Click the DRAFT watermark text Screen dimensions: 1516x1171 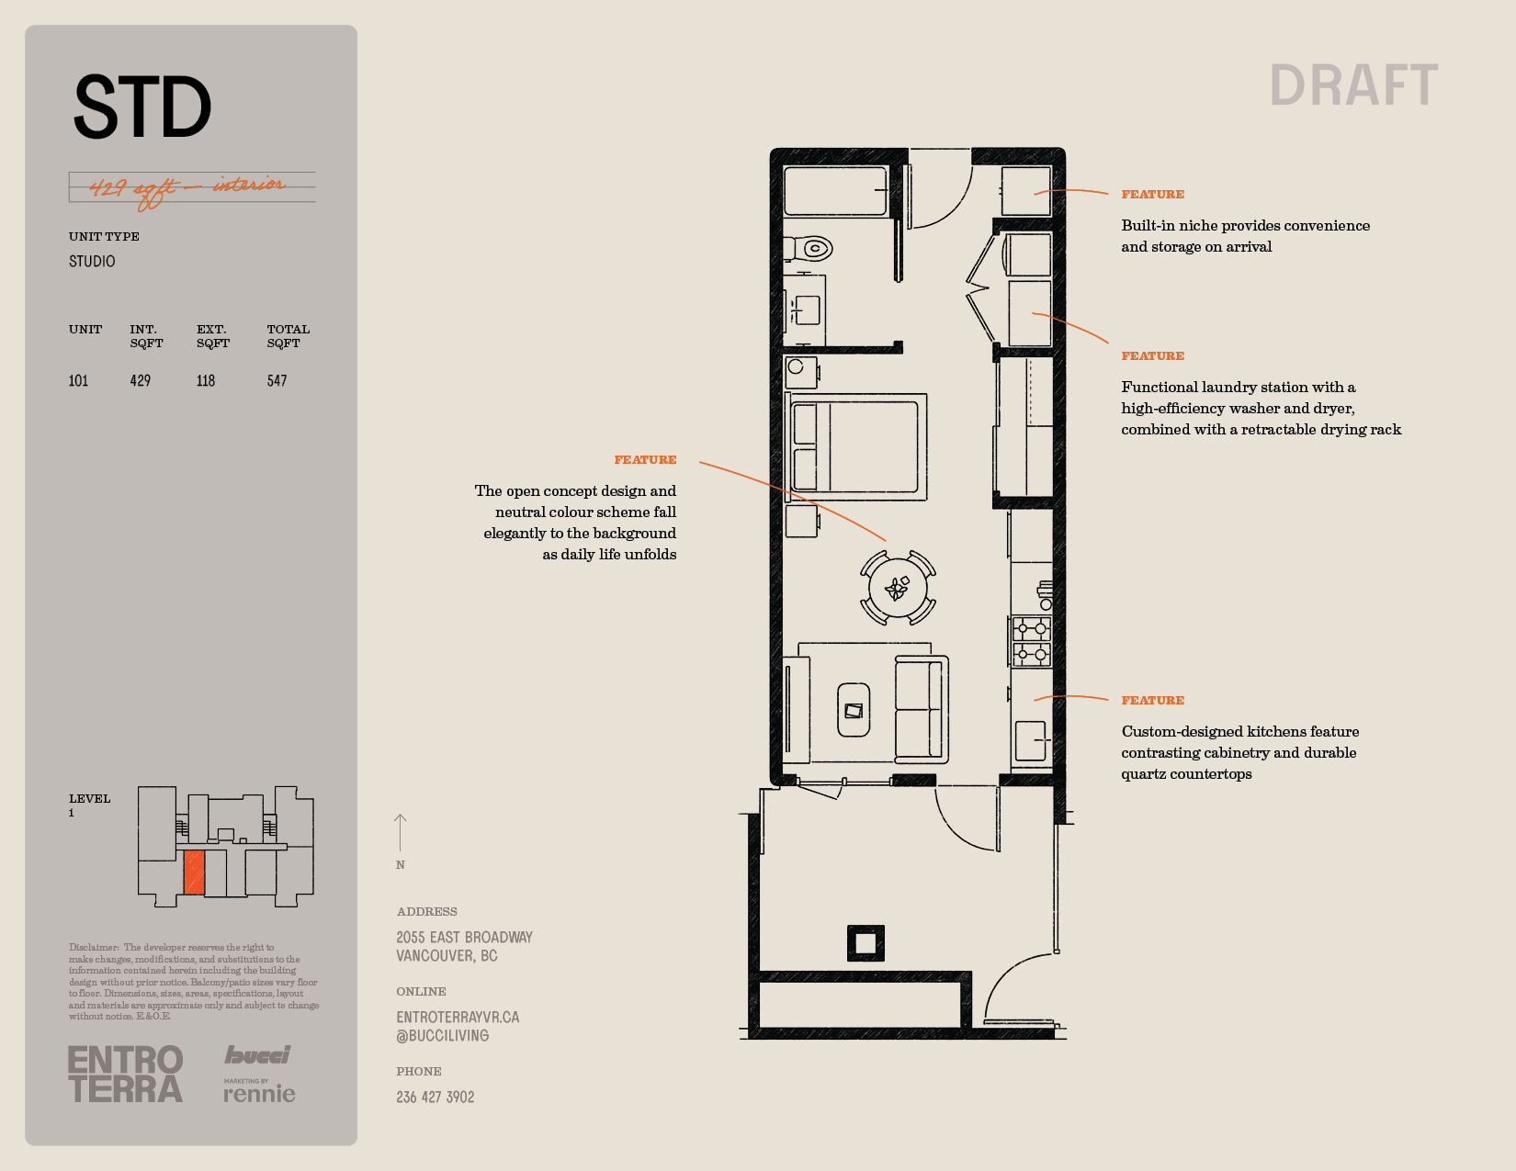click(x=1353, y=85)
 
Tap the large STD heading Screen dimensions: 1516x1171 click(x=142, y=107)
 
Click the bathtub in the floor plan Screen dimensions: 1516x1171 click(x=836, y=190)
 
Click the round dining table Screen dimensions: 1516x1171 click(x=897, y=589)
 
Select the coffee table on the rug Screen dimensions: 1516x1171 click(x=854, y=710)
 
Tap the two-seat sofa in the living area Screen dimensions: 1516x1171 click(x=922, y=709)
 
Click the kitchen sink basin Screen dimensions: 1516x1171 click(x=1031, y=740)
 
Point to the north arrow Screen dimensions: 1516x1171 click(x=400, y=832)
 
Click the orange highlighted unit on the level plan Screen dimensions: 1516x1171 click(x=194, y=872)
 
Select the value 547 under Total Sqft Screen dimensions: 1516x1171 click(x=277, y=381)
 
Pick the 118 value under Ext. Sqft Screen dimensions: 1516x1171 click(x=206, y=381)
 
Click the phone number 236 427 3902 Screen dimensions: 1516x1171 click(x=436, y=1098)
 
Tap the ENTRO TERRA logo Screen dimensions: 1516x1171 click(x=126, y=1074)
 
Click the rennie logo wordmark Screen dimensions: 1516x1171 click(x=259, y=1093)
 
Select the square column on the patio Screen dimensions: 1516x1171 click(x=865, y=943)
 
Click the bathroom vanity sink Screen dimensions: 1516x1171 click(x=808, y=310)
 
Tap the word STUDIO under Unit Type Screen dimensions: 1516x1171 click(x=92, y=262)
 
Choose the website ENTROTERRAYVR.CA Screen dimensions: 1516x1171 click(x=458, y=1018)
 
